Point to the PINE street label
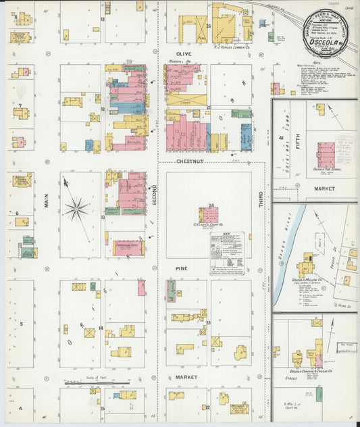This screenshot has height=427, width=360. [182, 268]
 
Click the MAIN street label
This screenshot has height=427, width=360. [47, 201]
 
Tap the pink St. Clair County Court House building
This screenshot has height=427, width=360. [208, 216]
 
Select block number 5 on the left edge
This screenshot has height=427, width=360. [21, 324]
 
